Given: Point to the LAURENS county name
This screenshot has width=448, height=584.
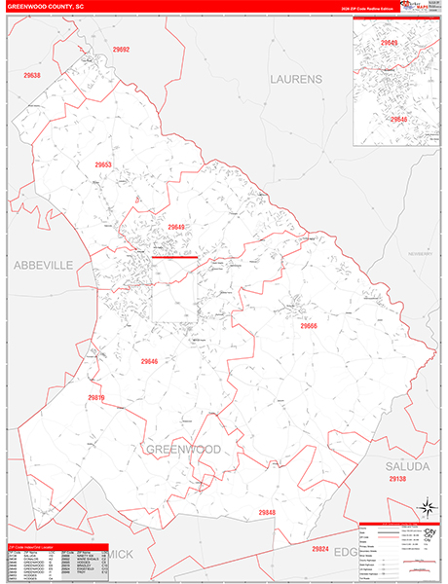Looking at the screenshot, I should tap(293, 78).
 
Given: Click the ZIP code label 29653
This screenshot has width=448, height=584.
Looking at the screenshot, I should tap(104, 164).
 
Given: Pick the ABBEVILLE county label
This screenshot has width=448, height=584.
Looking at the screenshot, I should tap(43, 265).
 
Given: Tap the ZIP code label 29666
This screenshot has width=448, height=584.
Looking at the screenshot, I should tap(309, 326).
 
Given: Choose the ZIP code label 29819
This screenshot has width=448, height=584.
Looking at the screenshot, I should tap(95, 397).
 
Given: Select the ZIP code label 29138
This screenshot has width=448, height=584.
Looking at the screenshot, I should tap(396, 480).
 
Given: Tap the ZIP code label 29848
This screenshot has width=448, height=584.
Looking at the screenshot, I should tap(267, 512).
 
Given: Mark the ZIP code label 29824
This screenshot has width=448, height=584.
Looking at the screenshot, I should tap(319, 549).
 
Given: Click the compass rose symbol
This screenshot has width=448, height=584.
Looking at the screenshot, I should tap(426, 507).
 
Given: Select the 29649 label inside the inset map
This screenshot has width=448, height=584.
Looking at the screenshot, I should tap(389, 43).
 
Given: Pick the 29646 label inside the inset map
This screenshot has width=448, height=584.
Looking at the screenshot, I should tap(398, 119).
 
